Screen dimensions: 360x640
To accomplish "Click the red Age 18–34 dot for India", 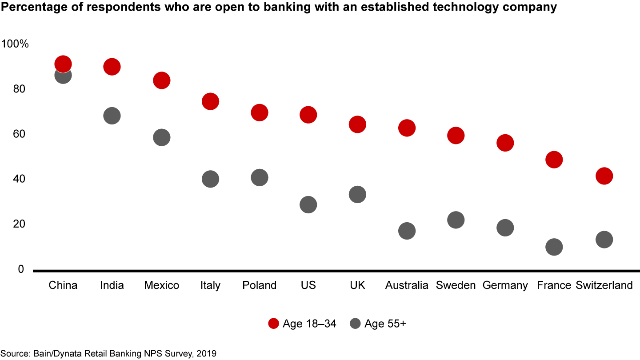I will click(112, 67).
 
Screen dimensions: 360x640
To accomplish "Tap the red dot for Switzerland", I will click(604, 176).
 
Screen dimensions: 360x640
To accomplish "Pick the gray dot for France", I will click(554, 247).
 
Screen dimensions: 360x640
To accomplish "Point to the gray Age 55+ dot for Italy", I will click(210, 179).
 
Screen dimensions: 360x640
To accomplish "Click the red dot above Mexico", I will click(161, 80).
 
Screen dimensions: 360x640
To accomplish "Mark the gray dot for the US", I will click(308, 204).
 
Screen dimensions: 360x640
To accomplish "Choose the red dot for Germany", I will click(505, 143).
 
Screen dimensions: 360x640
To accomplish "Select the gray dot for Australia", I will click(407, 231).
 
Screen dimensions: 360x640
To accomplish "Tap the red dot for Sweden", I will click(456, 135).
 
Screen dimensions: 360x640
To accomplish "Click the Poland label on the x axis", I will click(260, 285).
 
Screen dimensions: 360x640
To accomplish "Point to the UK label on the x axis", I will click(357, 285).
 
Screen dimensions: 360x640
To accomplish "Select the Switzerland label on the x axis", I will click(604, 285).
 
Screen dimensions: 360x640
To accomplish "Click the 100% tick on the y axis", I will click(15, 44).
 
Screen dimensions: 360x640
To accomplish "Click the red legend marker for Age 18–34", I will click(273, 324).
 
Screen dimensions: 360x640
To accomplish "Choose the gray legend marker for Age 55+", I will click(355, 324).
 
